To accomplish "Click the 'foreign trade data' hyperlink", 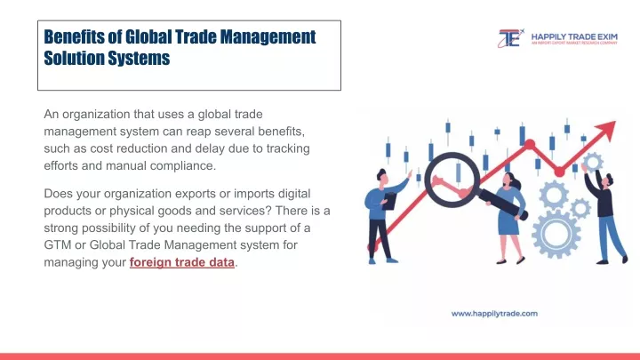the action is [x=182, y=262].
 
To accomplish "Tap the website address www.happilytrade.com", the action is [x=494, y=314].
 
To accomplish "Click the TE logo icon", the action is [x=510, y=38].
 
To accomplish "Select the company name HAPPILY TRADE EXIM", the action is [x=574, y=37].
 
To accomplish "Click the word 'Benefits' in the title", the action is [x=75, y=36].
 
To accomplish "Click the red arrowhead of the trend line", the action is [x=608, y=130].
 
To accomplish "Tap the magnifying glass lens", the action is [x=452, y=179].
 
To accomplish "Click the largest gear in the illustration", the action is [x=556, y=234].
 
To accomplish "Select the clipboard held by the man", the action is [x=390, y=201].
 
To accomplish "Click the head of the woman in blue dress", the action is [x=510, y=180].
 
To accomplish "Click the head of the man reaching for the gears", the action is [x=607, y=180].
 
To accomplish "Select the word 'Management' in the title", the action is [x=268, y=37].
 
